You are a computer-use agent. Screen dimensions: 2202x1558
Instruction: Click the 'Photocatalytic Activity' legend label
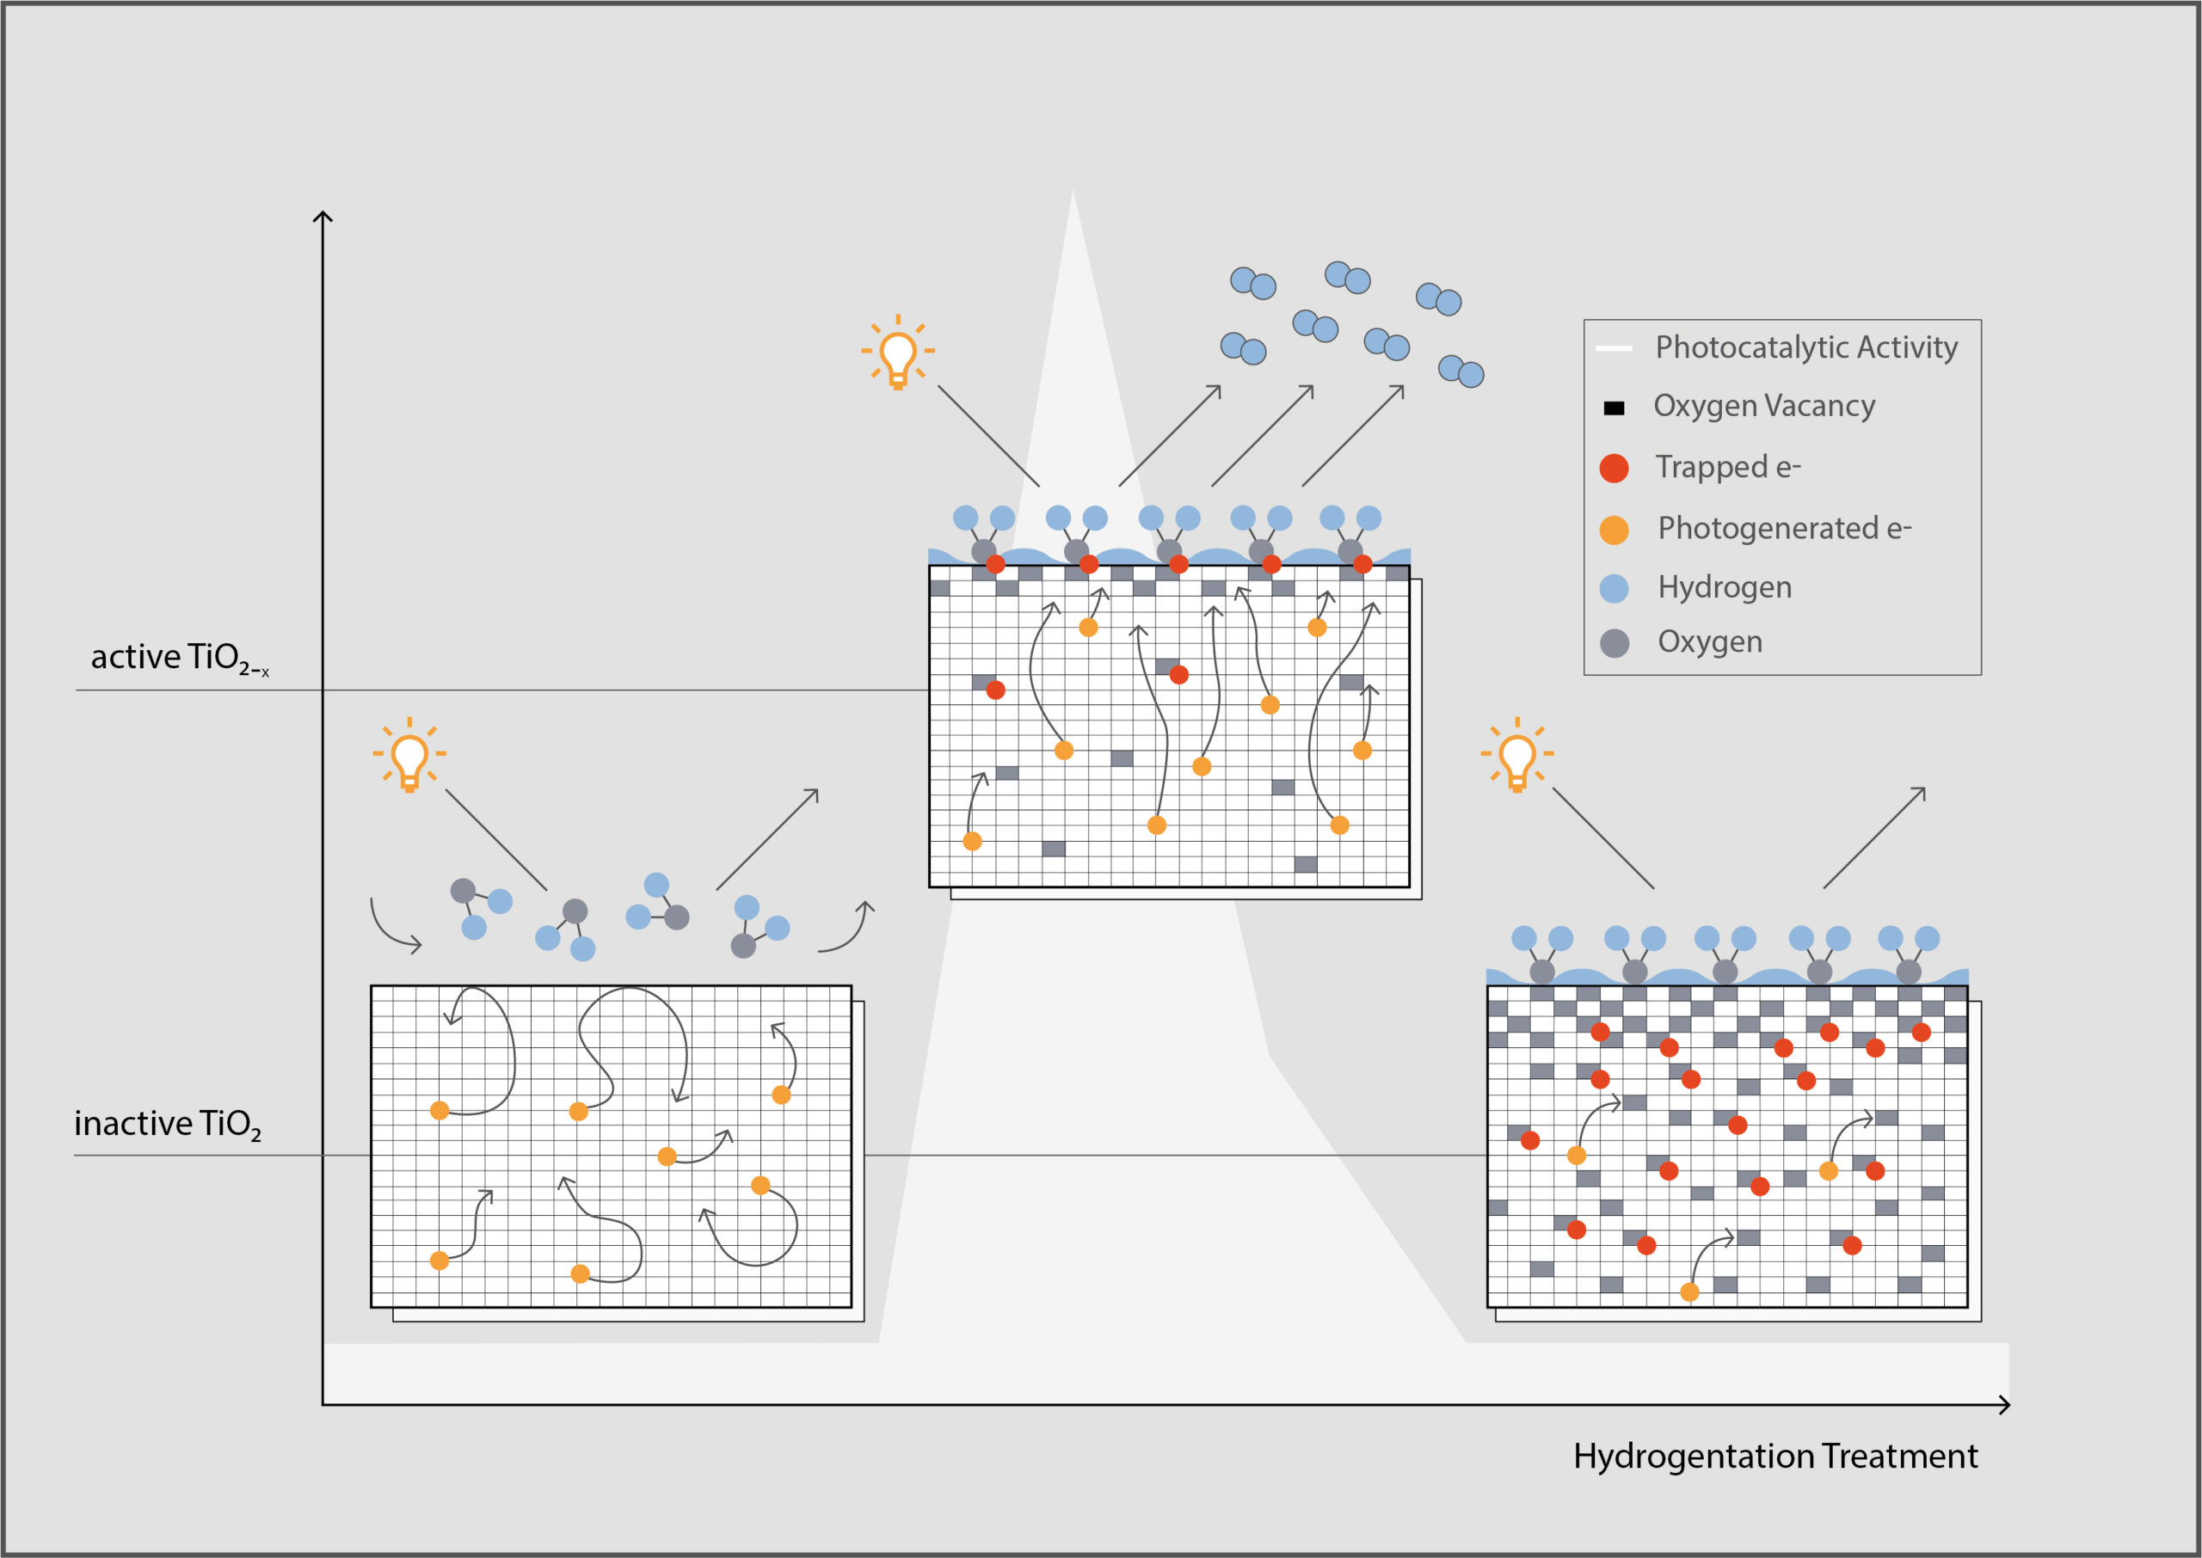1805,347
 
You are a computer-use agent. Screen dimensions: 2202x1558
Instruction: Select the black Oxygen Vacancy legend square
1614,408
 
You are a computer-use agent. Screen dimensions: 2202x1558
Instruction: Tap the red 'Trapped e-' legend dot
1614,468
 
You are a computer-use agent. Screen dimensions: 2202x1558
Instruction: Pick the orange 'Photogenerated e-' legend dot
1614,530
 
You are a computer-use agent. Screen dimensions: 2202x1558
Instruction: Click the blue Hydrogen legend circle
1614,588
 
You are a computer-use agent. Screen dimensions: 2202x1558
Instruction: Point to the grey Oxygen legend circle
1614,643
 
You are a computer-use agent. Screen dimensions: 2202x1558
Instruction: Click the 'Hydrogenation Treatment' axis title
1775,1457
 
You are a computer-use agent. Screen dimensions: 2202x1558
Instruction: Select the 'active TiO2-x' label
180,658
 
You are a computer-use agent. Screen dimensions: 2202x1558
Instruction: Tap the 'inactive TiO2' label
168,1124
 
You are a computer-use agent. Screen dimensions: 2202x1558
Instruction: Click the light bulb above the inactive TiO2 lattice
409,755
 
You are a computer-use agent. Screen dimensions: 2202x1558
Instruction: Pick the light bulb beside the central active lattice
898,351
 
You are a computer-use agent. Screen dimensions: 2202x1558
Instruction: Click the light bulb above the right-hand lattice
1517,755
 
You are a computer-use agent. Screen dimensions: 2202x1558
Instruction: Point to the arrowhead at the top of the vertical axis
323,217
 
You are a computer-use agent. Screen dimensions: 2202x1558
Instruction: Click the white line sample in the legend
1614,348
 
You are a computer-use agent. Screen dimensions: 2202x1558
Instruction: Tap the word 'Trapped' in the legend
1712,467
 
